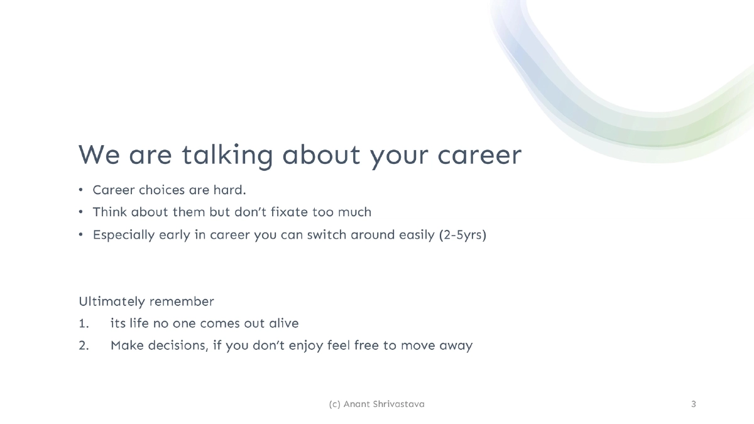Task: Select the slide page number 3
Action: click(x=693, y=404)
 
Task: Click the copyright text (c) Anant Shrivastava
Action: click(x=376, y=404)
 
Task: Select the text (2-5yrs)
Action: click(x=462, y=235)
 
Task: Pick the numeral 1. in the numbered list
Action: click(x=84, y=323)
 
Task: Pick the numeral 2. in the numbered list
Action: click(x=84, y=345)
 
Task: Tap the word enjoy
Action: click(x=302, y=346)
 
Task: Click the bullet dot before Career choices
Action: click(x=80, y=190)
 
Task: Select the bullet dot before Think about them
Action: click(x=80, y=212)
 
